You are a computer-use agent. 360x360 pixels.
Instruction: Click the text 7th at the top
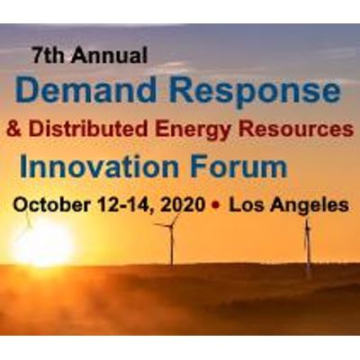(49, 55)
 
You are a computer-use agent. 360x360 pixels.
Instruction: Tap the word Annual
(110, 55)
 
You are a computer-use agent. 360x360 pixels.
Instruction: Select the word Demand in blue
(85, 89)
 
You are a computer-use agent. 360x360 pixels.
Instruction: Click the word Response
(255, 93)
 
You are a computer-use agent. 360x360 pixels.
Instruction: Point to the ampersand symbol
(14, 130)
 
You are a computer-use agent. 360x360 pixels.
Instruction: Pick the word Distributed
(88, 129)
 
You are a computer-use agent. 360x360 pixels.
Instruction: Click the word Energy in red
(193, 131)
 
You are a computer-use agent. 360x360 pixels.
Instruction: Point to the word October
(51, 205)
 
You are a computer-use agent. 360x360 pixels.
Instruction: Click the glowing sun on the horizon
(42, 244)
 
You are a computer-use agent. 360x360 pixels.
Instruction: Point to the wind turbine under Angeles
(308, 245)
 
